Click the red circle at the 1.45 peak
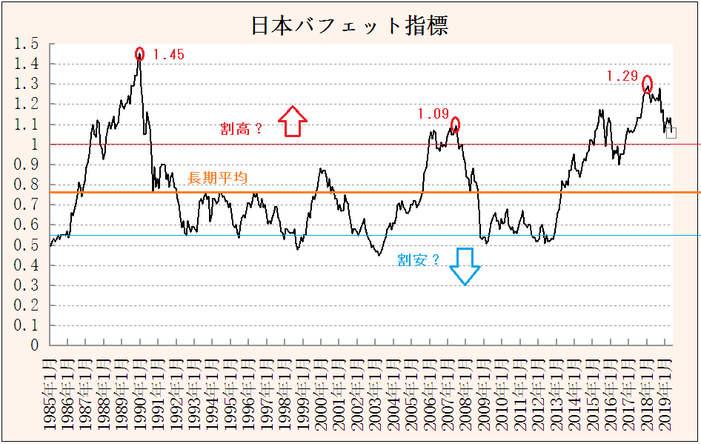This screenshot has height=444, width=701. pyautogui.click(x=139, y=53)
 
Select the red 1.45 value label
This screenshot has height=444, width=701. pyautogui.click(x=168, y=54)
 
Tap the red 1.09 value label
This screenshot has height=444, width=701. pyautogui.click(x=433, y=113)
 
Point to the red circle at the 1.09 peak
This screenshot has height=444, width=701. pyautogui.click(x=455, y=124)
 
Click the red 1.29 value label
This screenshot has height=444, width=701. pyautogui.click(x=622, y=76)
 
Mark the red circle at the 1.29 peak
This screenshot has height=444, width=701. pyautogui.click(x=647, y=83)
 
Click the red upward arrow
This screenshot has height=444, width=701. pyautogui.click(x=293, y=121)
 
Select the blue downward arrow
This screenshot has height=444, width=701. pyautogui.click(x=465, y=266)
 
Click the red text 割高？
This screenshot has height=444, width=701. pyautogui.click(x=242, y=128)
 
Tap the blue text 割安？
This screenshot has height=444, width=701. pyautogui.click(x=419, y=259)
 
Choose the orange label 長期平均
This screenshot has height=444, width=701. pyautogui.click(x=218, y=178)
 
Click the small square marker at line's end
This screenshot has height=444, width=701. pyautogui.click(x=671, y=133)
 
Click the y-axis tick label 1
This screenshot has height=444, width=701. pyautogui.click(x=34, y=145)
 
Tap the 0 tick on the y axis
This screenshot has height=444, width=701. pyautogui.click(x=34, y=345)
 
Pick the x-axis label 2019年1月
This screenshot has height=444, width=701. pyautogui.click(x=665, y=394)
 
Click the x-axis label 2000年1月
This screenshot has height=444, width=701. pyautogui.click(x=322, y=394)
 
